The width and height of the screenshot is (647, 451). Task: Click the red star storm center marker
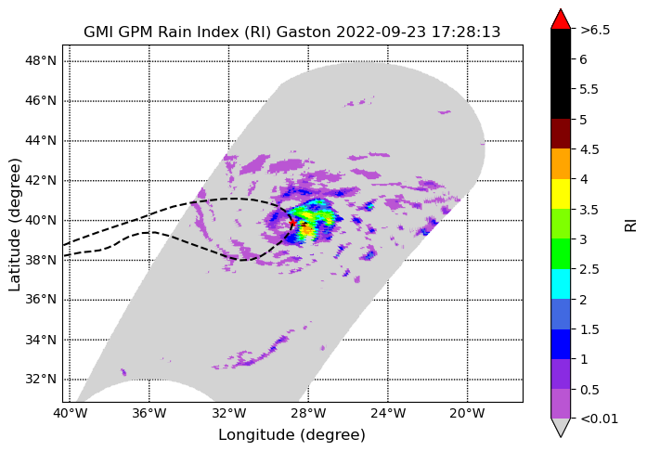[x=292, y=223]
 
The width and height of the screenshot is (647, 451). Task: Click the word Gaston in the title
[x=304, y=32]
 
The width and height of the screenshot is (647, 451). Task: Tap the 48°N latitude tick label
[x=41, y=61]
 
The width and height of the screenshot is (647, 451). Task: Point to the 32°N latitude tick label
[x=41, y=380]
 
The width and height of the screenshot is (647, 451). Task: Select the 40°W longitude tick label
[x=71, y=413]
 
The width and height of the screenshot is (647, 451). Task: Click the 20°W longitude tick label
[x=468, y=413]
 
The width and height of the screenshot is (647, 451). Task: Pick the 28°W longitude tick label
[x=308, y=413]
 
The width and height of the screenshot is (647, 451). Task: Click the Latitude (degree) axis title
[x=15, y=225]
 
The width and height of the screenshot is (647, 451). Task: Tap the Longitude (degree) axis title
[x=291, y=435]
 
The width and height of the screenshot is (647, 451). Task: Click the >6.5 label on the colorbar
[x=595, y=30]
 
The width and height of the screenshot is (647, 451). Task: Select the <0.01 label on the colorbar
[x=599, y=419]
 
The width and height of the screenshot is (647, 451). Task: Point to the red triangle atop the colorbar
[x=561, y=19]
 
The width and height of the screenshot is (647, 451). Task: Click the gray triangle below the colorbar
[x=561, y=428]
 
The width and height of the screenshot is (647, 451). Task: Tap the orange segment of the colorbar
[x=561, y=164]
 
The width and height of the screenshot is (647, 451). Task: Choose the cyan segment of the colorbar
[x=561, y=284]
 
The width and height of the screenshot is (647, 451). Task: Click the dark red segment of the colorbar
[x=561, y=135]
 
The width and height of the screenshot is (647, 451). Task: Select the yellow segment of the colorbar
[x=561, y=194]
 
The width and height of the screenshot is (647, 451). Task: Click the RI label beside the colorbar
[x=631, y=225]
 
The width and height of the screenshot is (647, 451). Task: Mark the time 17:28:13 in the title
[x=466, y=32]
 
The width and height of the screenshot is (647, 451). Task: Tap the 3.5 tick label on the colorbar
[x=589, y=210]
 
